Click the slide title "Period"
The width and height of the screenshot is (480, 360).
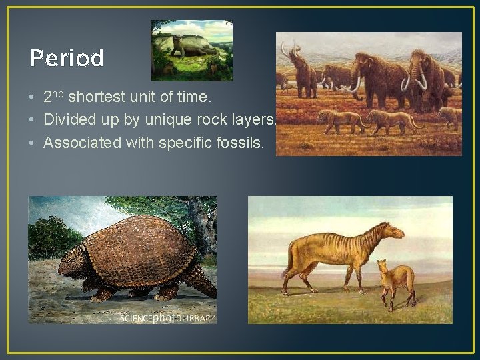pyautogui.click(x=67, y=59)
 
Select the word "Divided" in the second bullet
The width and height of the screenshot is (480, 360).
pyautogui.click(x=66, y=119)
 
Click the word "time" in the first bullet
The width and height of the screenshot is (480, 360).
pyautogui.click(x=195, y=98)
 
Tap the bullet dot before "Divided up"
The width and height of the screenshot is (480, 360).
pyautogui.click(x=33, y=120)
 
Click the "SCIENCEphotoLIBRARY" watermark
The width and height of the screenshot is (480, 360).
pyautogui.click(x=167, y=319)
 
